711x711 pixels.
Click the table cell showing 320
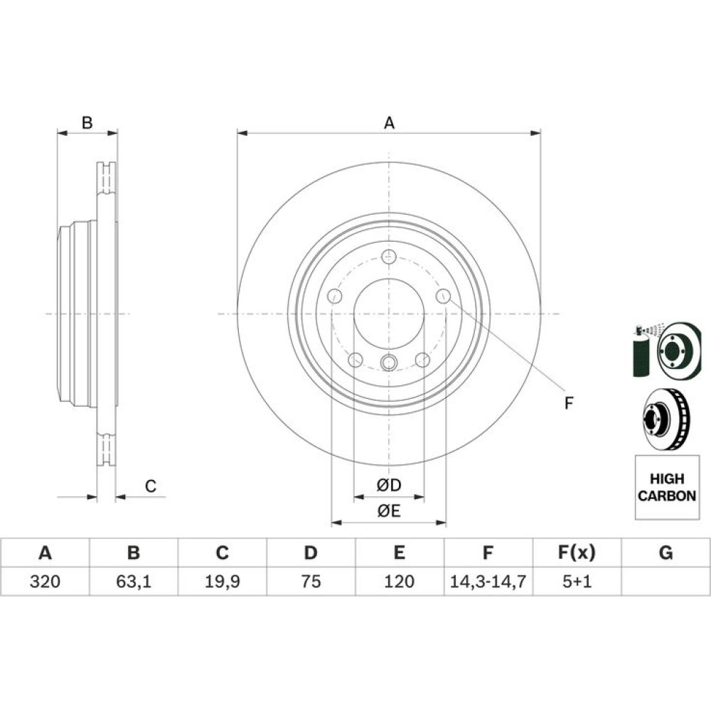[x=45, y=582]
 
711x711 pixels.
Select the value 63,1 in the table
[x=134, y=582]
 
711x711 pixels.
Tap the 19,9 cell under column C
[x=222, y=582]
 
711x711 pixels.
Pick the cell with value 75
[x=311, y=582]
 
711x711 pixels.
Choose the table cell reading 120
[x=399, y=582]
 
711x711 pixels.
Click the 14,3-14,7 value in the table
[x=488, y=582]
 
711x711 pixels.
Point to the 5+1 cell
[x=577, y=582]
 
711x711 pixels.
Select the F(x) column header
[x=577, y=552]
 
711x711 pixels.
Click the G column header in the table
[x=665, y=552]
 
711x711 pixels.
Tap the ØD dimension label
[x=389, y=485]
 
